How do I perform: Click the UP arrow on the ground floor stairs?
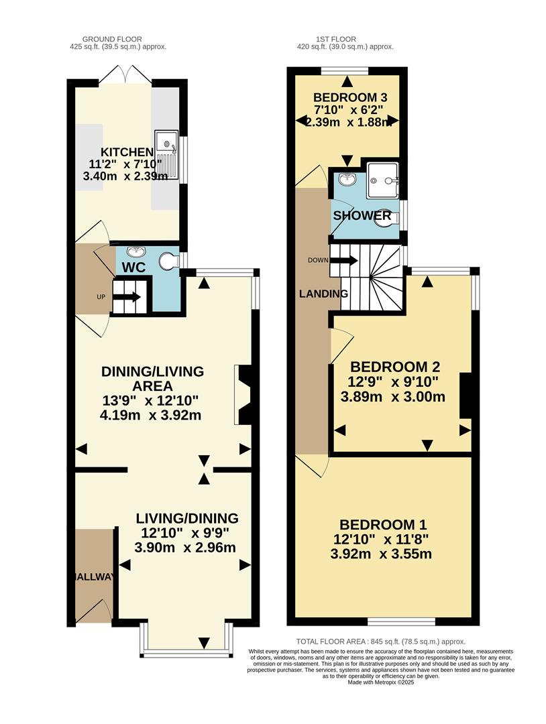point(127,297)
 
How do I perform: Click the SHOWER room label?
point(362,216)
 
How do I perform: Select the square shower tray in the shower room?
point(382,178)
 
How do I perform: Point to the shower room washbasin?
point(347,179)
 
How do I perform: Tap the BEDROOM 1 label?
point(382,525)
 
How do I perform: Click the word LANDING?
point(323,294)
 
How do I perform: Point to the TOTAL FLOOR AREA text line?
point(380,642)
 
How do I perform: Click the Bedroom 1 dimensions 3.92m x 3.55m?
point(381,554)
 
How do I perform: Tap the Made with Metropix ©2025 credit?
point(380,682)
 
